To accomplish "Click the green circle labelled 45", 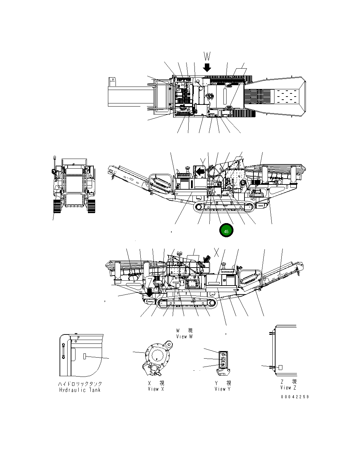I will pos(226,231).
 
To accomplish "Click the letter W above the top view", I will pos(207,56).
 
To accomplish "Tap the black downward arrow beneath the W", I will pos(207,67).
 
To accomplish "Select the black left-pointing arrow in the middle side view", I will pos(200,171).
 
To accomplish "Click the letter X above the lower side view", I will pos(217,252).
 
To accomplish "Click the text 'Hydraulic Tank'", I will pos(80,390).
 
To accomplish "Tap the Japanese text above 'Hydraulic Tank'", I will pos(80,384).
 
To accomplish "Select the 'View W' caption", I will pos(184,337).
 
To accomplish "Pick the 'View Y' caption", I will pos(222,389).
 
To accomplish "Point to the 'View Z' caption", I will pos(288,388).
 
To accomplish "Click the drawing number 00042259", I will pos(295,397).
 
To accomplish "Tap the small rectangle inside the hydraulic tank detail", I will pos(85,357).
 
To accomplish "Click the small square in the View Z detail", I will pos(280,367).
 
